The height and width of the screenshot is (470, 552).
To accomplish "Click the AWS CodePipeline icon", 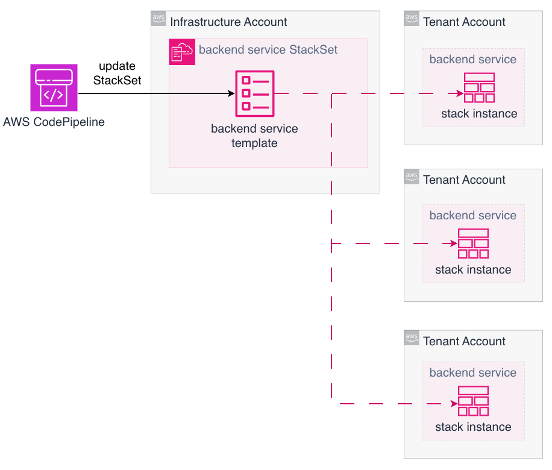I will [54, 88].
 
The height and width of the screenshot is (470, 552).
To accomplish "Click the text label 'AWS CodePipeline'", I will [54, 122].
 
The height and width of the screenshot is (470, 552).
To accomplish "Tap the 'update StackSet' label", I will [117, 73].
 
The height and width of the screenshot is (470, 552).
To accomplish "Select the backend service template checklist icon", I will [254, 93].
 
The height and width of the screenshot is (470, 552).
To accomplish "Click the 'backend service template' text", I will [254, 136].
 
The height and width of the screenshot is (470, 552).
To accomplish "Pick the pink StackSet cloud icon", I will [182, 51].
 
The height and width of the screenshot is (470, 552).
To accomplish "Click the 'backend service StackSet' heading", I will [268, 50].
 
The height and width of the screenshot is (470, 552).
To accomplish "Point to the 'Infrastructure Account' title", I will [228, 22].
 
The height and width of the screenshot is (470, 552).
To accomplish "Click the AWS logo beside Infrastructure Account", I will [158, 19].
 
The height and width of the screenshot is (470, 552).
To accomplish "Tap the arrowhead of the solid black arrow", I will [231, 93].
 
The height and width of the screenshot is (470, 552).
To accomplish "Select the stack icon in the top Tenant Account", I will [479, 88].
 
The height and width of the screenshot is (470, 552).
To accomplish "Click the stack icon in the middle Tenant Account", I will [473, 243].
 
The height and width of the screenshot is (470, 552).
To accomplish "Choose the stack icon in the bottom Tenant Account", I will [473, 401].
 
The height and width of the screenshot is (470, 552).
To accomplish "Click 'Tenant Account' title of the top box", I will [464, 22].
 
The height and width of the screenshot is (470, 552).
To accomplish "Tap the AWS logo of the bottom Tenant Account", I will [412, 338].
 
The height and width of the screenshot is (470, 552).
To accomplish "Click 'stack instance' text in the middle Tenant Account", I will [473, 269].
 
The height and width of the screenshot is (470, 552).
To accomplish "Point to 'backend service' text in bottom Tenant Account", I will [473, 373].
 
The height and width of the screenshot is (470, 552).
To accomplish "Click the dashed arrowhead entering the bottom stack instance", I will [454, 404].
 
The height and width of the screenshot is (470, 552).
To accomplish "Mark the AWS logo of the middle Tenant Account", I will [412, 177].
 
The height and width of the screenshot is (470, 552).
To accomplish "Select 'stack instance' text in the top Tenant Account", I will [479, 114].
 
